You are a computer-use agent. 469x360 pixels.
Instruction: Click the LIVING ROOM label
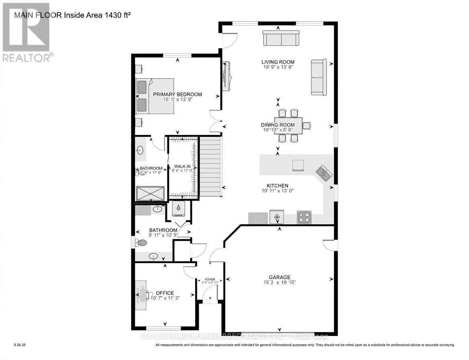pyautogui.click(x=278, y=62)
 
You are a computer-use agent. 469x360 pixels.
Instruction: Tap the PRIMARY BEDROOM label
pyautogui.click(x=177, y=94)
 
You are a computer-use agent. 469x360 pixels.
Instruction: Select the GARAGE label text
pyautogui.click(x=279, y=277)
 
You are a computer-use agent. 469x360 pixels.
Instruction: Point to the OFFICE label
pyautogui.click(x=165, y=293)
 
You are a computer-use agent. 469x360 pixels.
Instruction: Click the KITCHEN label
pyautogui.click(x=277, y=186)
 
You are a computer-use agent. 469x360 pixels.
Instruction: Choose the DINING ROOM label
pyautogui.click(x=277, y=125)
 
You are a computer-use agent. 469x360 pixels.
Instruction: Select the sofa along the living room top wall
pyautogui.click(x=281, y=38)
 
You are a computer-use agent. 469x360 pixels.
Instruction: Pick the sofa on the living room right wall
pyautogui.click(x=319, y=77)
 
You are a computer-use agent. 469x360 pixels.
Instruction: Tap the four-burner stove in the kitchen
pyautogui.click(x=304, y=217)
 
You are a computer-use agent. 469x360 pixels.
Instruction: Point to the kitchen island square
pyautogui.click(x=298, y=165)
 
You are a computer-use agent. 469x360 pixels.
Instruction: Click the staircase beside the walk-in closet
pyautogui.click(x=210, y=166)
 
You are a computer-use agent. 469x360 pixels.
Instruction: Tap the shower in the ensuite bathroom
pyautogui.click(x=150, y=193)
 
